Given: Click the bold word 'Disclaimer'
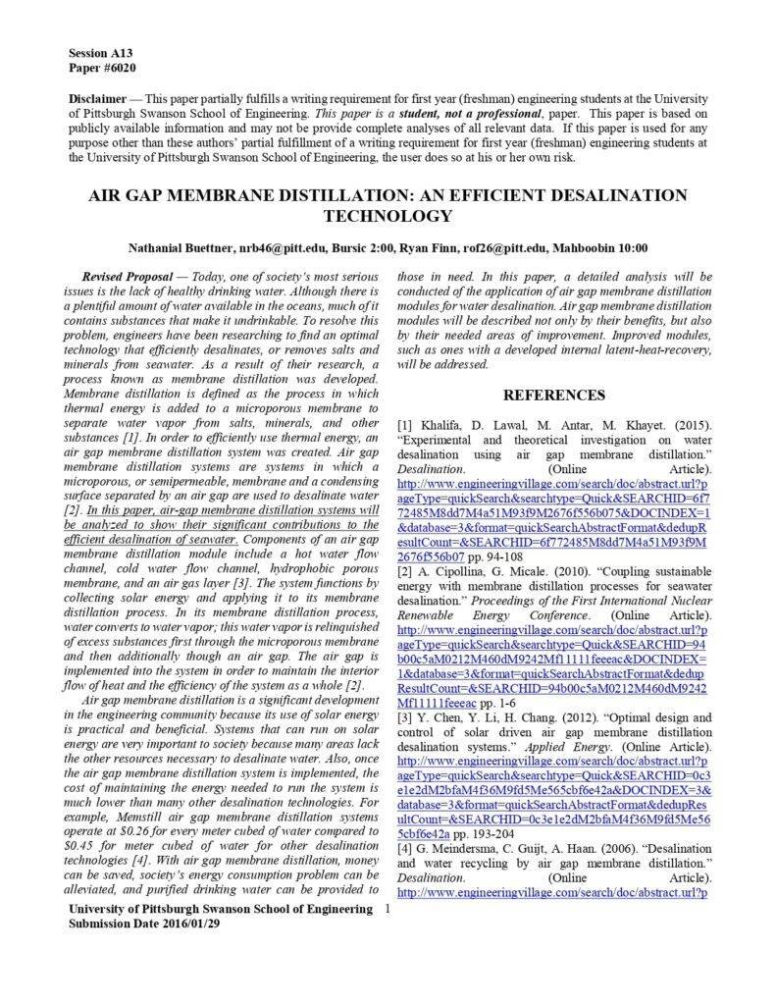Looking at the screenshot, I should pos(98,99).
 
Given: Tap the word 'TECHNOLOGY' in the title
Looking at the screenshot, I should pos(388,216).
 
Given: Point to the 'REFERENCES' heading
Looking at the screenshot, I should pos(554,395).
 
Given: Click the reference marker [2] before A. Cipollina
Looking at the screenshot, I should pos(406,572).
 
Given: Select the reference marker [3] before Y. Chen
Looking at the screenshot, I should pos(406,717).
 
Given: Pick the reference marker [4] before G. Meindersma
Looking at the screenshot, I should pos(406,848).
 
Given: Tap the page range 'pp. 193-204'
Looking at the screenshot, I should pos(485,833).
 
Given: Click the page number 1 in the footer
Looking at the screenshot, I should pos(388,910).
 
